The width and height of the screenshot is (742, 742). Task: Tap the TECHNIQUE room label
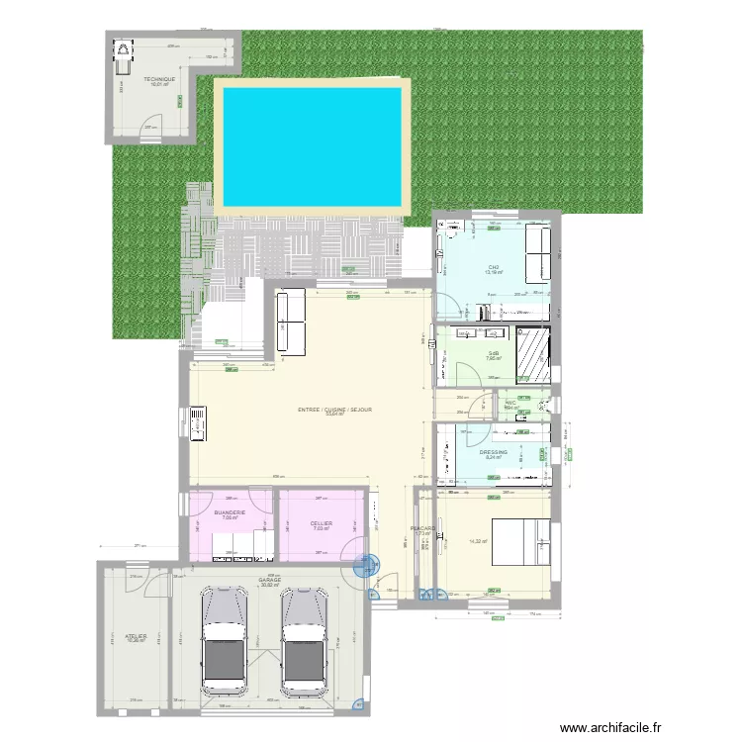pos(159,79)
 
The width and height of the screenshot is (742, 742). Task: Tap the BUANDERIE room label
pos(229,512)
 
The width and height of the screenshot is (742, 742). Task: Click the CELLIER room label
pos(321,523)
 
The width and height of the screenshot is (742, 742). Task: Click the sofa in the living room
pos(292,321)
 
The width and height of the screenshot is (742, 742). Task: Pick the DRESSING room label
pos(494,452)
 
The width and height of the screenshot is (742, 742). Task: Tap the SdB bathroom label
pos(493,353)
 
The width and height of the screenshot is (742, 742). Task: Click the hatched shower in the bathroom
pos(534,353)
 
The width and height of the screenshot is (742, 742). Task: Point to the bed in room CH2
pos(538,254)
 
